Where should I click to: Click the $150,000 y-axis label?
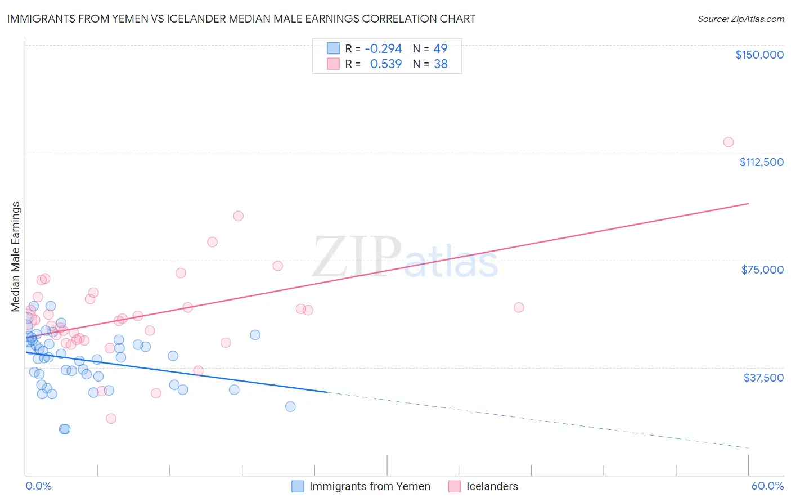pos(759,55)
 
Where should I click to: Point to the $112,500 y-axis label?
pos(761,162)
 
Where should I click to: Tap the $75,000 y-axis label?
pos(762,270)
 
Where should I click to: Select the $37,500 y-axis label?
pos(763,378)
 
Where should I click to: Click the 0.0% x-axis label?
pos(38,486)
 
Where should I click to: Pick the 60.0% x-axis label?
pos(767,486)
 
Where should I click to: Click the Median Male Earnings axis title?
pos(16,257)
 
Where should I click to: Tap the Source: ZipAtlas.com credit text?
pos(741,19)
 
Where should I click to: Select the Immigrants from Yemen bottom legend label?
pos(370,486)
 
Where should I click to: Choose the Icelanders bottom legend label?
pos(492,486)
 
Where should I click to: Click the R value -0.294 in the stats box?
pos(383,48)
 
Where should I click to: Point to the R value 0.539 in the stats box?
pos(385,64)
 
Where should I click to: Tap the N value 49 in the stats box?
pos(441,48)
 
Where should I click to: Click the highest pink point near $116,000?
pos(729,142)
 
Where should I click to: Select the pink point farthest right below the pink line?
pos(519,307)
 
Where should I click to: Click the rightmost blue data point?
pos(290,407)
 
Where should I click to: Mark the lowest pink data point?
pos(111,419)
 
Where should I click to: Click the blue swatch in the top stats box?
pos(333,48)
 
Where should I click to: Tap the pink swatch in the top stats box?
pos(333,64)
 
